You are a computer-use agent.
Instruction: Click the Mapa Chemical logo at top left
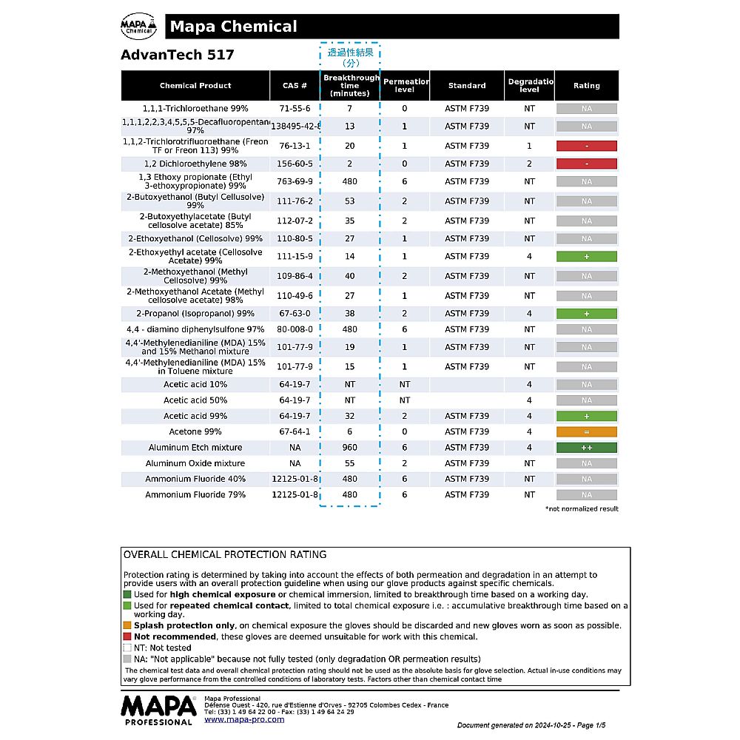pos(138,27)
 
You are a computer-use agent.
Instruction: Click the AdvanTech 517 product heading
pos(177,55)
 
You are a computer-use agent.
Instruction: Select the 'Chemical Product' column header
pos(195,86)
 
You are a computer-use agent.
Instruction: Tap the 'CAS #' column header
pos(295,86)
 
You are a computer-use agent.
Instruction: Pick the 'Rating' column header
pos(586,86)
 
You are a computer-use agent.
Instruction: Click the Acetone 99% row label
pos(195,431)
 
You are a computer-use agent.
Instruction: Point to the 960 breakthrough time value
pos(350,448)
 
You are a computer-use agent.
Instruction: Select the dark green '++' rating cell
pos(586,448)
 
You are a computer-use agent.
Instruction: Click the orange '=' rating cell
pos(586,431)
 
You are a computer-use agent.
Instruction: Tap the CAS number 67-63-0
pos(295,314)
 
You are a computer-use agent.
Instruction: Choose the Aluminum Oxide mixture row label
pos(195,463)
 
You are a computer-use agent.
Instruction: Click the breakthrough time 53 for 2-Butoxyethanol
pos(350,201)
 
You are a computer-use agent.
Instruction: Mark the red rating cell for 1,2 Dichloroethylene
pos(586,164)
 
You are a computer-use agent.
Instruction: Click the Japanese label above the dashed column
pos(350,58)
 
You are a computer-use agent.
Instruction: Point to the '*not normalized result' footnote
pos(582,509)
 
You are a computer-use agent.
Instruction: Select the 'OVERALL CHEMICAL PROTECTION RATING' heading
pos(225,555)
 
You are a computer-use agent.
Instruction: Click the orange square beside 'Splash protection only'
pos(127,625)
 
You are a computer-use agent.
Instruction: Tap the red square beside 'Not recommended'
pos(127,636)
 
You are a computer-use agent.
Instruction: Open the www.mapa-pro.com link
pos(244,719)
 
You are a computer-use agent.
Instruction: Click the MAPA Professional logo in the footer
pos(158,710)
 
